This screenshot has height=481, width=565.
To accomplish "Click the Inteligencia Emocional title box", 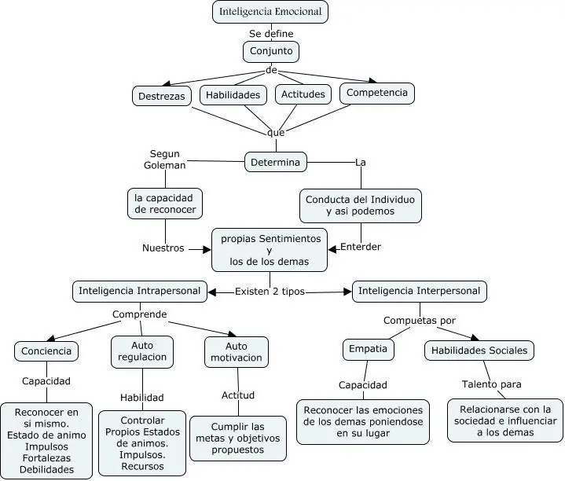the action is (x=270, y=12).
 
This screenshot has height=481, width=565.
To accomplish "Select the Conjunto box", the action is (x=271, y=52).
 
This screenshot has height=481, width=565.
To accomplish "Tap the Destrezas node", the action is (x=162, y=96).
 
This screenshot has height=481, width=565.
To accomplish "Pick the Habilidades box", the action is (x=233, y=95).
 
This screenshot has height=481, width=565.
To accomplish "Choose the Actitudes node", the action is (x=303, y=94).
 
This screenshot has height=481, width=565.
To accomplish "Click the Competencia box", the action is (x=377, y=93).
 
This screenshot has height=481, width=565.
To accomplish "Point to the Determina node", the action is (x=276, y=162).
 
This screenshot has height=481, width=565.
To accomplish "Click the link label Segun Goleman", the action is (x=165, y=160).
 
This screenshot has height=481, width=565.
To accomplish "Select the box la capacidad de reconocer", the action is (x=165, y=204).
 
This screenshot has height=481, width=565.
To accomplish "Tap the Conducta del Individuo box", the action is (x=361, y=205).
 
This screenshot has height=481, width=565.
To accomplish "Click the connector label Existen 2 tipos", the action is (x=270, y=292).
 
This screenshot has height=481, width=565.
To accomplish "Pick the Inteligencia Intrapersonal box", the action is (x=140, y=291).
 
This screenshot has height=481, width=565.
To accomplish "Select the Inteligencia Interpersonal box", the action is (x=420, y=291).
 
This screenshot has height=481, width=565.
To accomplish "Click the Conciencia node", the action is (x=46, y=351).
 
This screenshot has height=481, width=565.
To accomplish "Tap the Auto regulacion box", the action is (x=142, y=351).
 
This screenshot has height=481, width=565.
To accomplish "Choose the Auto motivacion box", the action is (x=237, y=352).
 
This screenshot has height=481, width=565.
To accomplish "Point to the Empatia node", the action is (x=369, y=349).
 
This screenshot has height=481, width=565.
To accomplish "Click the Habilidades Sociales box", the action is (x=479, y=351).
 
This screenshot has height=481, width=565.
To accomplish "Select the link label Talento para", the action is (x=492, y=384).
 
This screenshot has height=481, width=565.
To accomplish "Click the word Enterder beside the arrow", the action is (x=361, y=247).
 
